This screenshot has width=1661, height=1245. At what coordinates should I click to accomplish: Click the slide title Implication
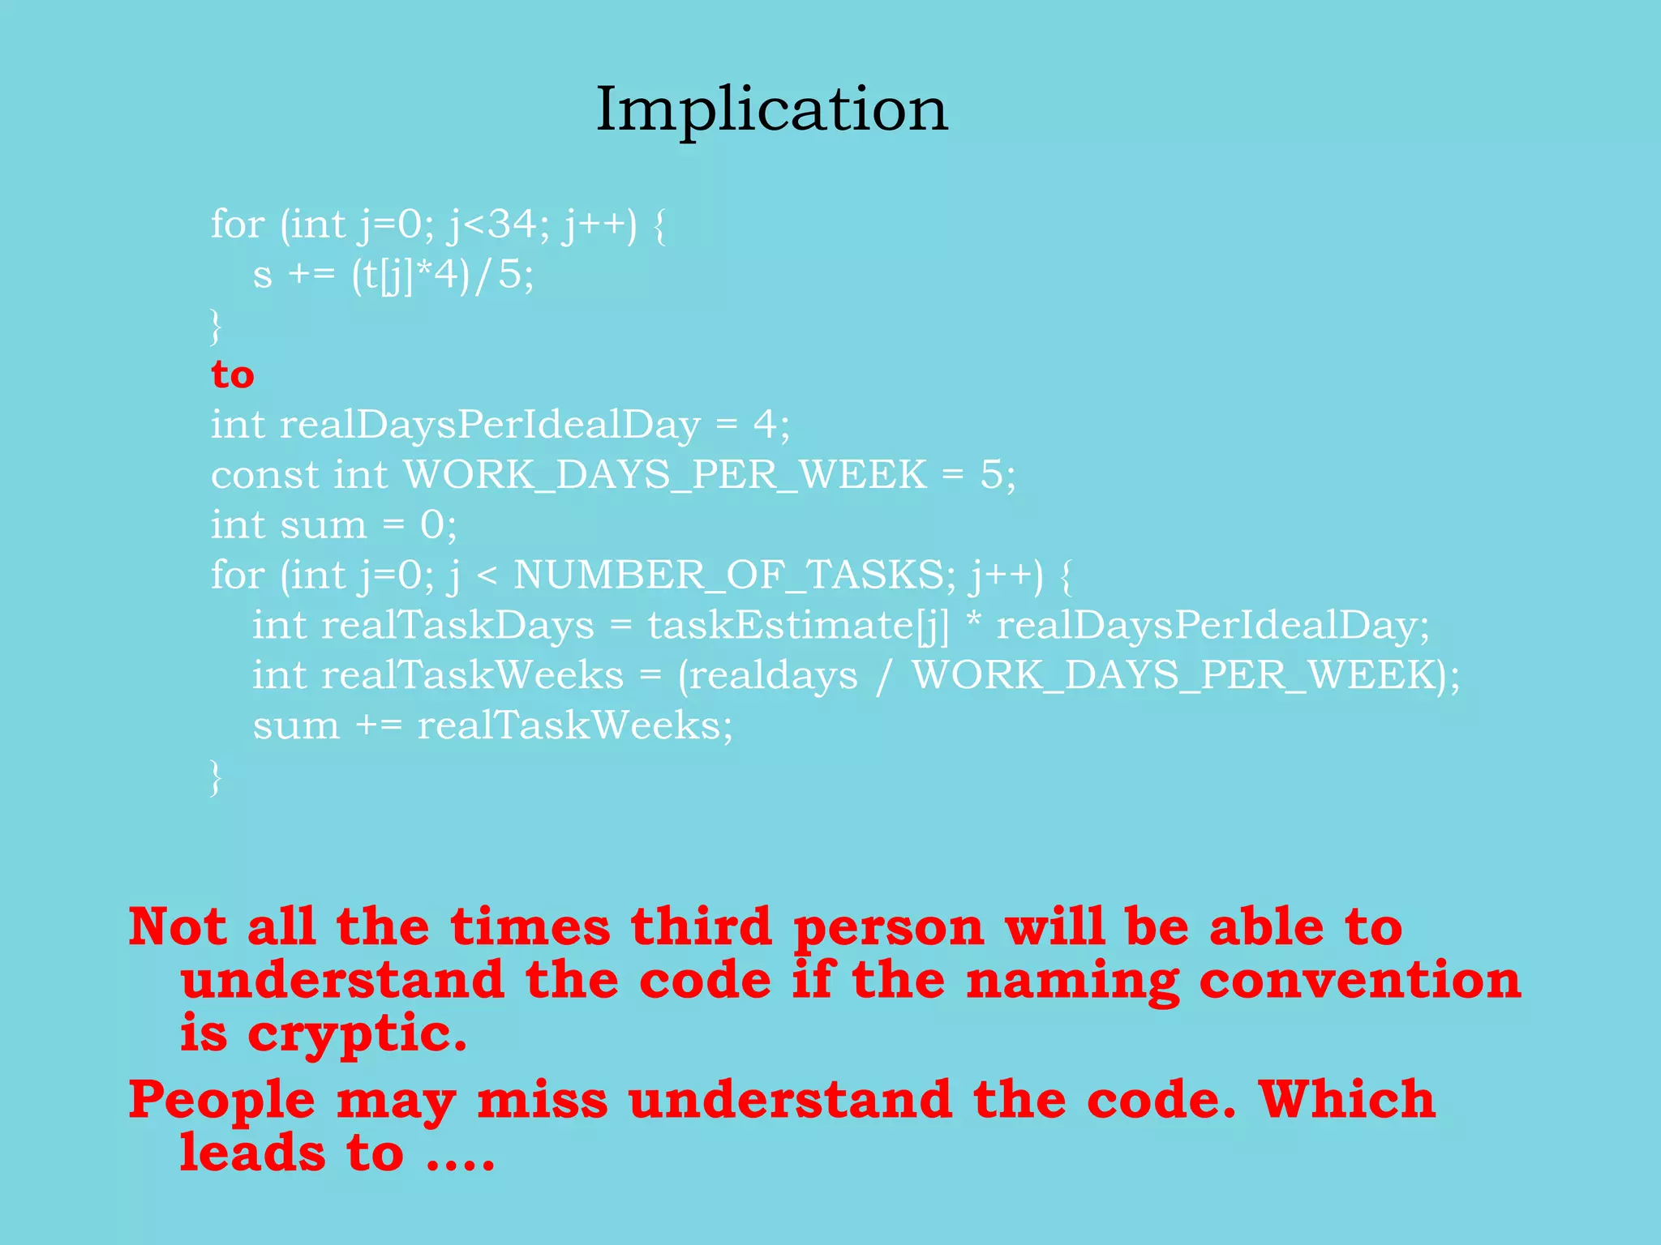771,109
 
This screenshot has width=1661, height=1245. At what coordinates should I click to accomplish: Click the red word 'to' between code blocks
233,374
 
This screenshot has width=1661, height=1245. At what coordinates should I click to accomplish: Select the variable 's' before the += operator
262,276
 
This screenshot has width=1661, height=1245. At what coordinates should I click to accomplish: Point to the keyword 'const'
264,475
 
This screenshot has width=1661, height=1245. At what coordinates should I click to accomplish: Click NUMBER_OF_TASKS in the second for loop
728,575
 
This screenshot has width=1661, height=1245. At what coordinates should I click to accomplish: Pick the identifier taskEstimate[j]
797,626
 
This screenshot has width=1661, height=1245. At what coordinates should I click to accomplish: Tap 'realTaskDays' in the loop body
457,626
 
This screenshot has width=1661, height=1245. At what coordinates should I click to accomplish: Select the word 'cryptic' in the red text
356,1034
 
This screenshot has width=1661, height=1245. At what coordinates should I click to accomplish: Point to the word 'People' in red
221,1101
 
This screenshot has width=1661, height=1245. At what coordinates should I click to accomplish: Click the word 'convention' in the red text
1359,980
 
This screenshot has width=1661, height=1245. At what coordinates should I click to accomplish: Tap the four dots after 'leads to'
461,1154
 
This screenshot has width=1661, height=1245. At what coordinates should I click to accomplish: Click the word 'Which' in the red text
1346,1100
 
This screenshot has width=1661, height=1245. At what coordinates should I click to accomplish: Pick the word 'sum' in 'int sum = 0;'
323,525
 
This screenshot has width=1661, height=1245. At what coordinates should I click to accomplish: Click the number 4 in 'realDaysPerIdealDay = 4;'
764,425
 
